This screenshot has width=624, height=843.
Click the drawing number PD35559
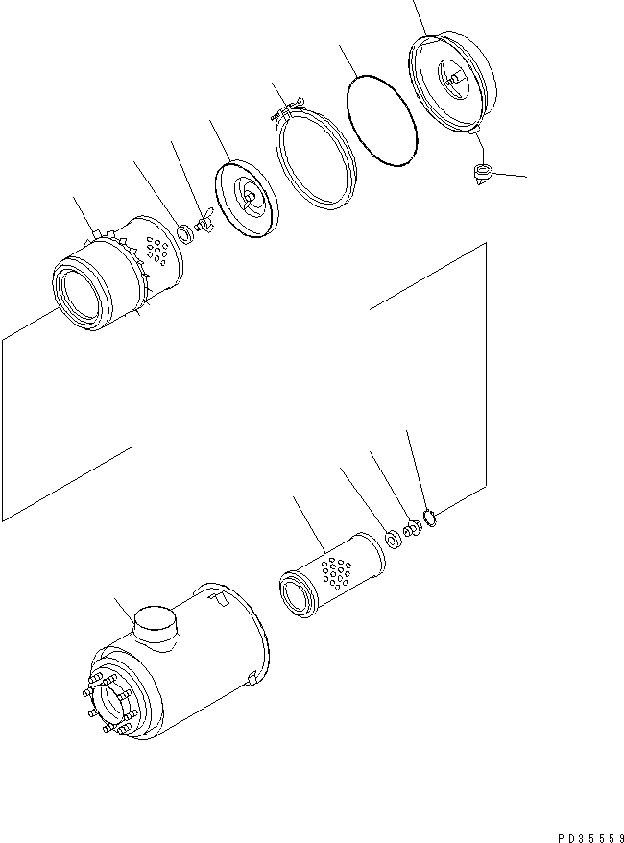point(590,837)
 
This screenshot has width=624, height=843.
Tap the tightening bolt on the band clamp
point(286,109)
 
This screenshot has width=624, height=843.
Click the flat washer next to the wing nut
point(186,234)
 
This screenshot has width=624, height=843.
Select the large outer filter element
point(117,273)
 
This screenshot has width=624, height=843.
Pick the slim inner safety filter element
point(333,575)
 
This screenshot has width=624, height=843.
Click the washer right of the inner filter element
point(394,540)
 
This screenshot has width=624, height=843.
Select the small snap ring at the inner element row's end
point(430,518)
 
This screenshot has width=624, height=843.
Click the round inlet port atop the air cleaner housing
point(156,624)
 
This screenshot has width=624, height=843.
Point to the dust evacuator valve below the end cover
point(482,176)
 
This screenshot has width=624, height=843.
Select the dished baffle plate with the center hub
point(247,198)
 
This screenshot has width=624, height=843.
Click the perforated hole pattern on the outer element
point(156,251)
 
